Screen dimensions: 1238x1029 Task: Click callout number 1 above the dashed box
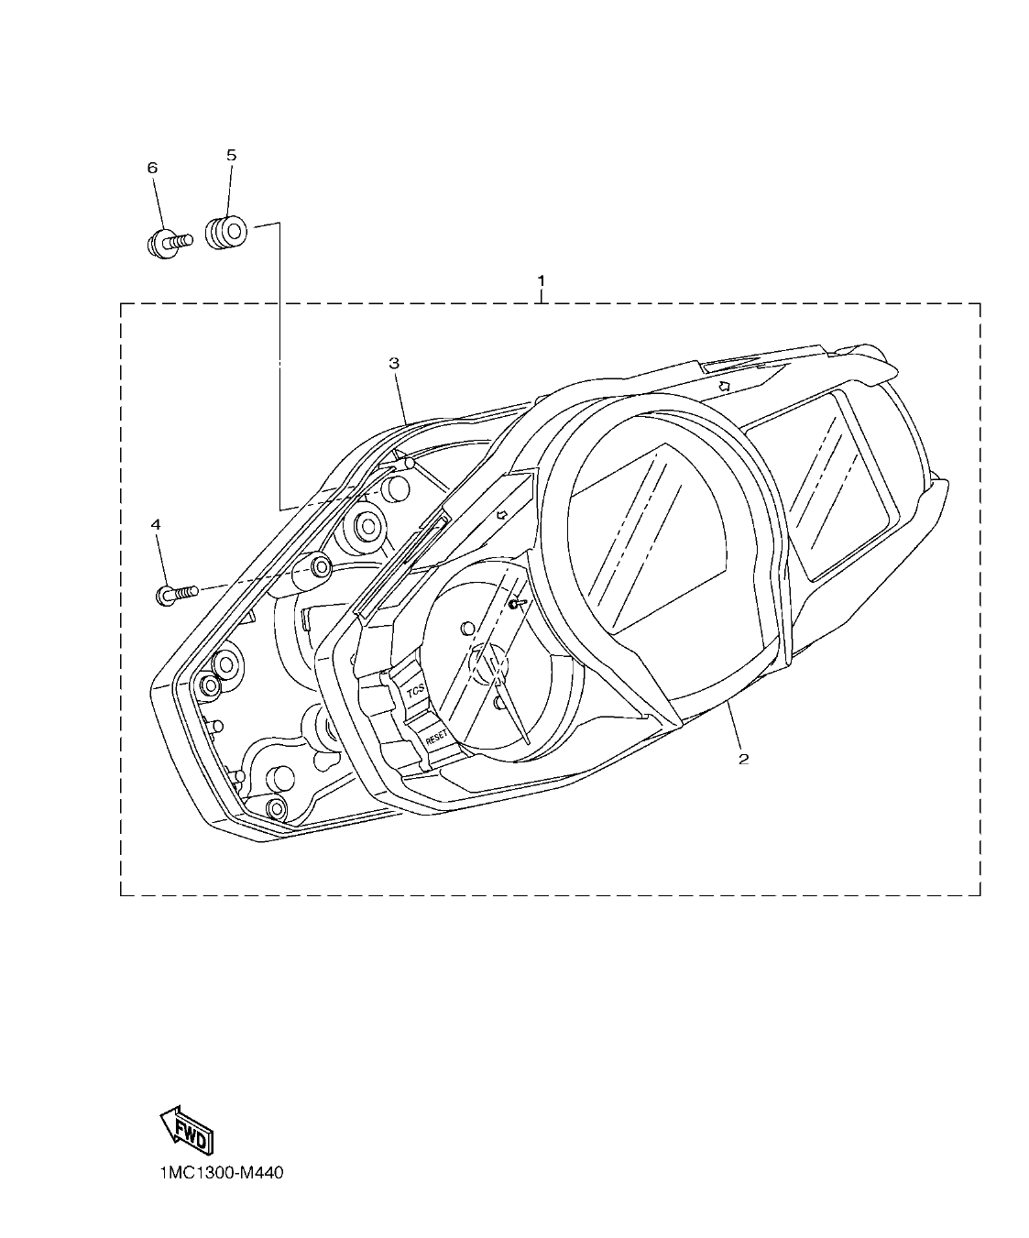coord(542,279)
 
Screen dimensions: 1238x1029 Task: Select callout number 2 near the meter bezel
coord(744,758)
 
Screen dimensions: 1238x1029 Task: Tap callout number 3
coord(394,363)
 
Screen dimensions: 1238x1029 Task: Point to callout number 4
coord(156,524)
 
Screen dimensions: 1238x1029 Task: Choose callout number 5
coord(231,156)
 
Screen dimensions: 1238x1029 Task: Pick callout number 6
coord(152,167)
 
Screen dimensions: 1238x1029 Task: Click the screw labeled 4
coord(177,594)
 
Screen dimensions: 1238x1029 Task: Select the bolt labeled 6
coord(168,244)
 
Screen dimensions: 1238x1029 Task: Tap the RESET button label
coord(436,734)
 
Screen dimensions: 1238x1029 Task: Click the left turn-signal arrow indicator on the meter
coord(502,515)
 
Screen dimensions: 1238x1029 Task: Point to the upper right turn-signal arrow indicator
coord(723,386)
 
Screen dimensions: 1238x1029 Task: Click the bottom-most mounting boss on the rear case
coord(274,807)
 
